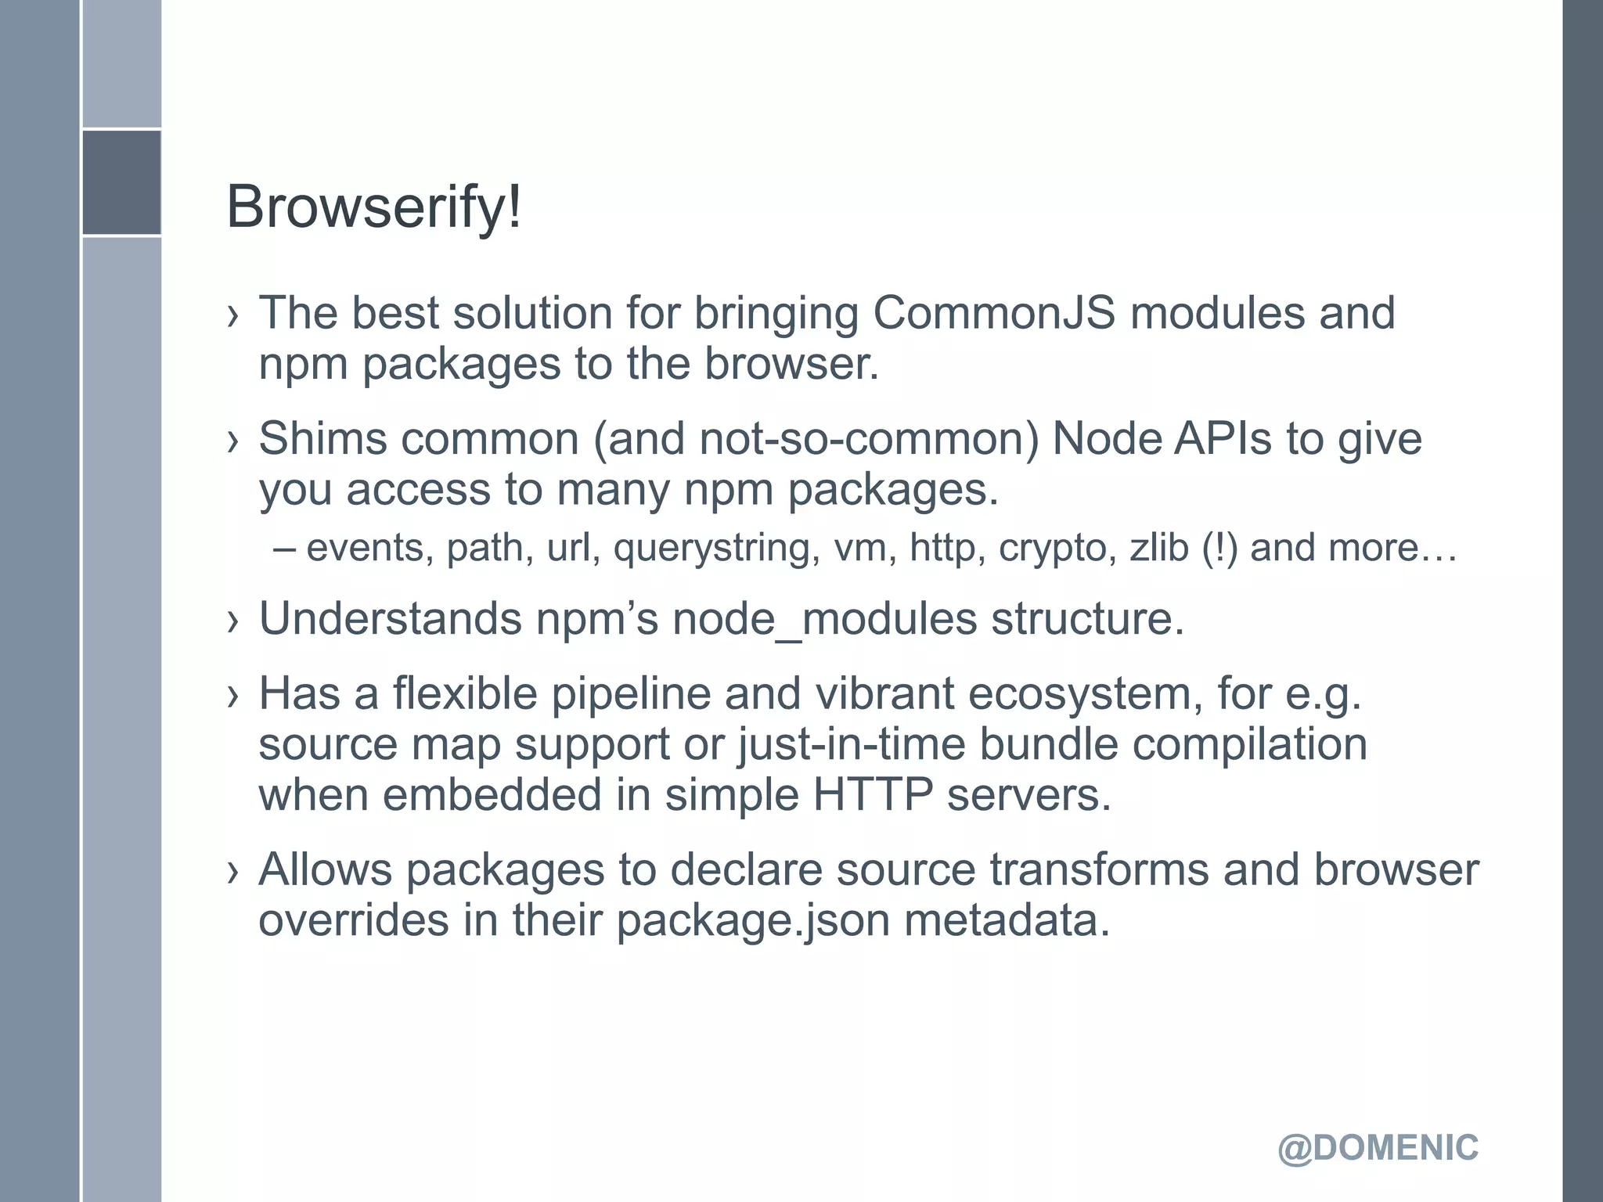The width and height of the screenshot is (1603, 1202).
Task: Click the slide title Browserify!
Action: click(373, 207)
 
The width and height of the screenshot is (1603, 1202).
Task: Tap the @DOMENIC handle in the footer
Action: click(1378, 1148)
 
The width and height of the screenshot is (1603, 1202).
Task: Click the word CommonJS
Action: click(993, 313)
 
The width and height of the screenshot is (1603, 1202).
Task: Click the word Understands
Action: click(390, 618)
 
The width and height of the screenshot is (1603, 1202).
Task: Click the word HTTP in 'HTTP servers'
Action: click(873, 794)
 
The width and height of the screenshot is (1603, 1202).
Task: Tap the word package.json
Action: click(753, 920)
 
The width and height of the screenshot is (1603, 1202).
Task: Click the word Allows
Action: click(325, 869)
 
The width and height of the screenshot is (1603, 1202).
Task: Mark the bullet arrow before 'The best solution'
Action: click(232, 315)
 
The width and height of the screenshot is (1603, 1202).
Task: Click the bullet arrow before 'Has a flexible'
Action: click(232, 696)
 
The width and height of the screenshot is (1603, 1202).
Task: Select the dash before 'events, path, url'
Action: click(285, 548)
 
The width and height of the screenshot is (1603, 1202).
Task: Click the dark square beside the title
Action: click(121, 182)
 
